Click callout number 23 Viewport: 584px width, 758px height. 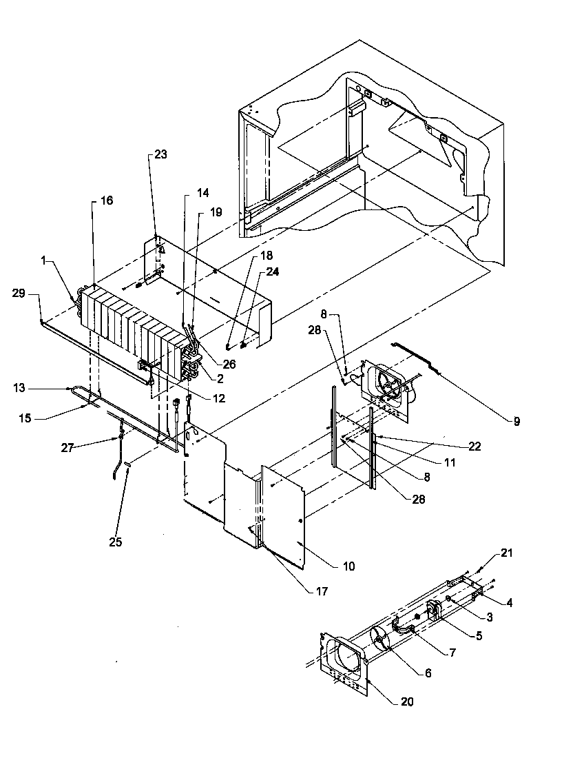[160, 155]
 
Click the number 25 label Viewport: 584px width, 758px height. [115, 542]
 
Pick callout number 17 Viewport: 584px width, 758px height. [322, 591]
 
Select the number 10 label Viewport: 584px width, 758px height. [348, 566]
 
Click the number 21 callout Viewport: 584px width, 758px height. [507, 553]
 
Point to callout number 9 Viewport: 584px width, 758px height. [517, 420]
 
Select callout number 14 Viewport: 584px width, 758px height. [185, 193]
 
